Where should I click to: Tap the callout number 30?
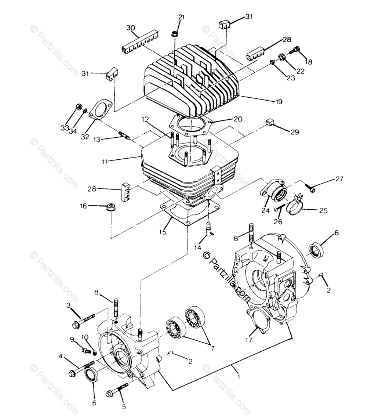coord(130,28)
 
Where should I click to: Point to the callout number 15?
coord(163,232)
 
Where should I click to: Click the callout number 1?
coord(239,376)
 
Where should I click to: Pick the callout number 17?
coord(249,340)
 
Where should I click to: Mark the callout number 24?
coord(266,211)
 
